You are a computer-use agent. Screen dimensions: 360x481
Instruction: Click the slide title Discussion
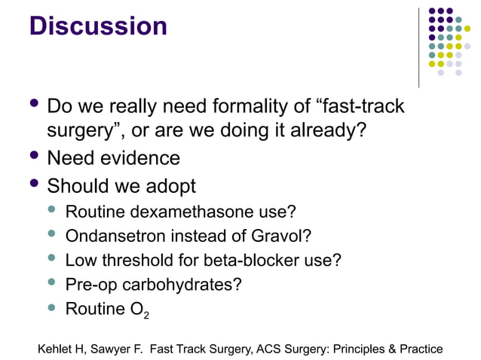tap(98, 26)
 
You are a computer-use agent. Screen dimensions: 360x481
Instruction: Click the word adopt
tap(169, 185)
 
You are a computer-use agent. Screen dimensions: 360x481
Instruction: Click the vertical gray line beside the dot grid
tap(418, 47)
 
